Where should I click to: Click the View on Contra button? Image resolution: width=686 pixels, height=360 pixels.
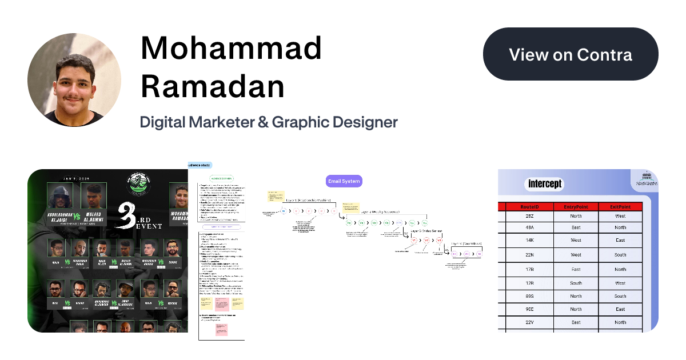tap(571, 54)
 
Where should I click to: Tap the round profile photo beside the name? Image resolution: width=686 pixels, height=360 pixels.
tap(74, 79)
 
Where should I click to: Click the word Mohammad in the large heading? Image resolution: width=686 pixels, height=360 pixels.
tap(232, 49)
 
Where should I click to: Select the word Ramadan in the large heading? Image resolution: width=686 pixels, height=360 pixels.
tap(213, 86)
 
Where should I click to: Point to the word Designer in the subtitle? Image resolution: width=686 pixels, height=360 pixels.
tap(362, 122)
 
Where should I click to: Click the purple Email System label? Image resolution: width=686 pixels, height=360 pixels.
tap(344, 182)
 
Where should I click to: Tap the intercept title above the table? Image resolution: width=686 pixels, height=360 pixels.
tap(545, 184)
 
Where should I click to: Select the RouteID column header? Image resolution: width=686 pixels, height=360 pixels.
tap(529, 206)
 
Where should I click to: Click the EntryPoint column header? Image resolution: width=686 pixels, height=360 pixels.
tap(576, 206)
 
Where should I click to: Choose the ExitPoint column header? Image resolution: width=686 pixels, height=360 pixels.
tap(620, 206)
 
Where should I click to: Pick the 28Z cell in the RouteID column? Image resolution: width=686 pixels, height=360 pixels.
tap(529, 216)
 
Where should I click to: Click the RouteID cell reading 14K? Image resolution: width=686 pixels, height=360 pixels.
tap(529, 241)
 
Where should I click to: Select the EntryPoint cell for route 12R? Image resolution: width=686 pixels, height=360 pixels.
tap(576, 283)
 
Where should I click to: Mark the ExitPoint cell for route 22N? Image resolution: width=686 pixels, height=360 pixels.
tap(620, 255)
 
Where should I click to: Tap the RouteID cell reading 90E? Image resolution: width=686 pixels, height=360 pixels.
tap(529, 309)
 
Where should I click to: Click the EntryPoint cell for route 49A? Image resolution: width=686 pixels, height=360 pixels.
tap(576, 227)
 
